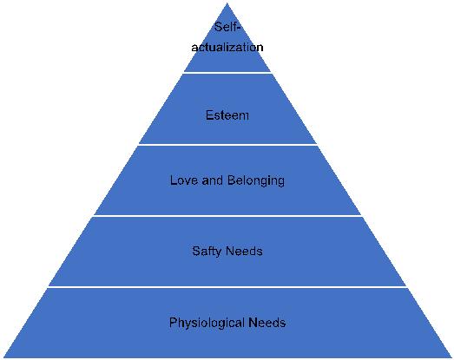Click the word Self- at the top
point(227,27)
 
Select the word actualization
point(227,47)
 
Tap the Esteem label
point(227,115)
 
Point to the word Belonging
point(256,181)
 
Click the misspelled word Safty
point(206,252)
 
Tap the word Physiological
point(207,323)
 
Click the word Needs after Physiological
point(267,323)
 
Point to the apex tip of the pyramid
point(227,3)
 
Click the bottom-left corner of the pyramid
point(3,357)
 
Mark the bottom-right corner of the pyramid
point(451,357)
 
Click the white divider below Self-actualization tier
point(227,73)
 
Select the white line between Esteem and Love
point(227,144)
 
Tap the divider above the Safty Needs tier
point(227,216)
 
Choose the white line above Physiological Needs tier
point(227,287)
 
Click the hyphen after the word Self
point(239,29)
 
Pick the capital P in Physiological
point(173,323)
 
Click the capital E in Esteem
point(209,115)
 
